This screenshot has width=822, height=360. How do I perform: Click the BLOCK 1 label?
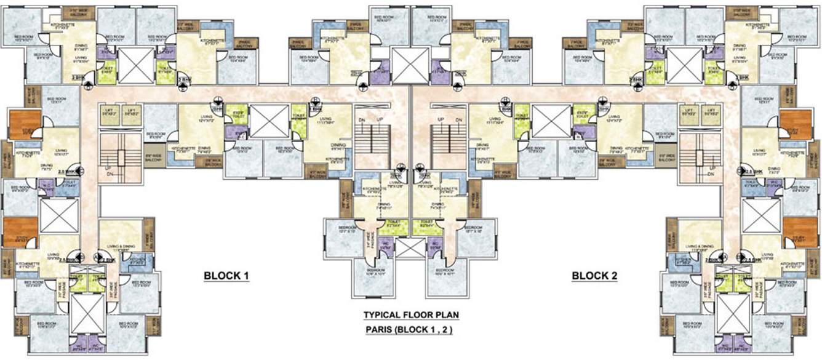tap(226, 276)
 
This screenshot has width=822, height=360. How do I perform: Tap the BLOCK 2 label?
tap(594, 276)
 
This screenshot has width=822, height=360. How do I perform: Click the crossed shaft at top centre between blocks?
tap(410, 65)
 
